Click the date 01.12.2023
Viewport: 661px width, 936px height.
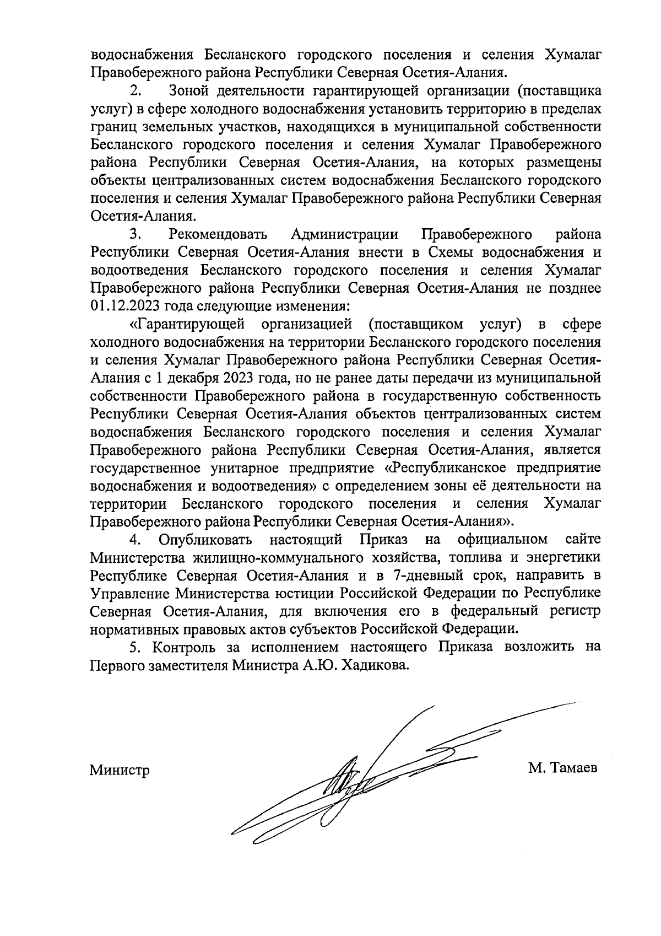click(x=122, y=305)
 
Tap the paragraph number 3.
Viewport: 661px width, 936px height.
click(x=136, y=234)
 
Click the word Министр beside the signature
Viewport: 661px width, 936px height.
click(x=120, y=770)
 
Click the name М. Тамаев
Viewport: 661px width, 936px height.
click(x=562, y=768)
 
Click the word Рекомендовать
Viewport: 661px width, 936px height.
click(x=218, y=234)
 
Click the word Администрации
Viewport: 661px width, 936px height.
click(x=344, y=234)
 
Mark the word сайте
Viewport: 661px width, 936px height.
click(x=583, y=539)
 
